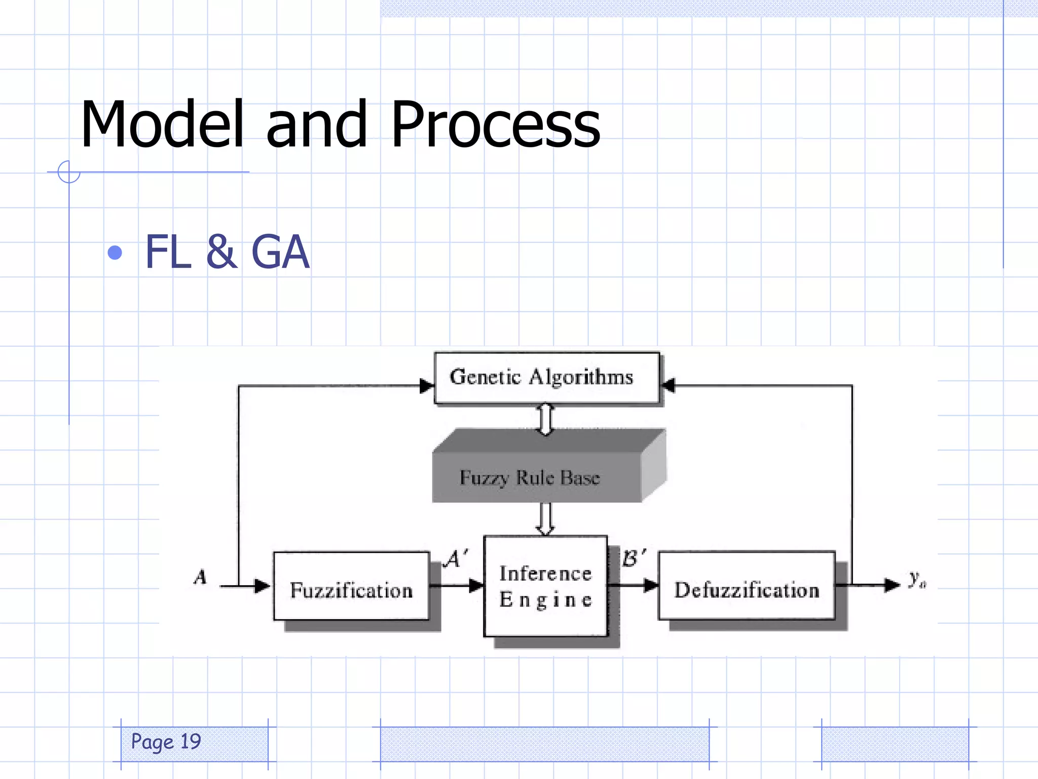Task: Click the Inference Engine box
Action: pyautogui.click(x=545, y=586)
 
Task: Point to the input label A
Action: pyautogui.click(x=201, y=577)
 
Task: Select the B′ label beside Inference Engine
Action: pyautogui.click(x=633, y=558)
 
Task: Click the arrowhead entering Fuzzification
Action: pyautogui.click(x=263, y=586)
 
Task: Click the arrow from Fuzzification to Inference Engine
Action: pyautogui.click(x=456, y=586)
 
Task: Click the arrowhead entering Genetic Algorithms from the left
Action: pyautogui.click(x=427, y=386)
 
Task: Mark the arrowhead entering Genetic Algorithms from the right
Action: pyautogui.click(x=668, y=385)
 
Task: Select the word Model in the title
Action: pyautogui.click(x=162, y=125)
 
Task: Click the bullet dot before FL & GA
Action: pyautogui.click(x=115, y=253)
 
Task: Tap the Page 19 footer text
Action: pyautogui.click(x=166, y=742)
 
